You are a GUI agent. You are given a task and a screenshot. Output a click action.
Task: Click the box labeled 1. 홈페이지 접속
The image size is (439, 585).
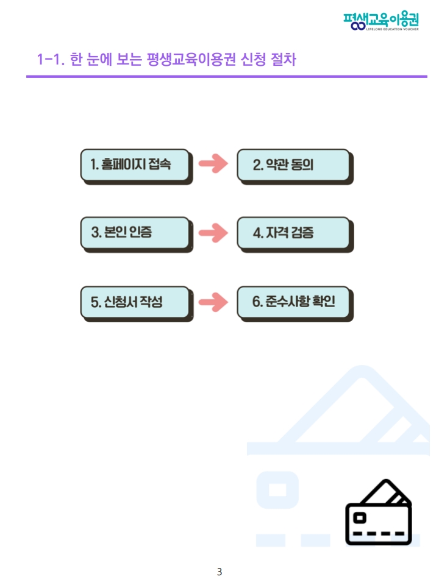click(x=135, y=165)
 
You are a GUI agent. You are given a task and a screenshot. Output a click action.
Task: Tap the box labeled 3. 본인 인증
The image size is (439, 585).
click(x=135, y=233)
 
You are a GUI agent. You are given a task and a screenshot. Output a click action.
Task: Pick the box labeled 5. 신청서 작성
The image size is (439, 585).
click(x=135, y=302)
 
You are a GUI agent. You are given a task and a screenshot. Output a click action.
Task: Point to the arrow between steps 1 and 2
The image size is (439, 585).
click(x=213, y=164)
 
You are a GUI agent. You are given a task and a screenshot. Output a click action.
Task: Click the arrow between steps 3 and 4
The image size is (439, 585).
click(x=213, y=233)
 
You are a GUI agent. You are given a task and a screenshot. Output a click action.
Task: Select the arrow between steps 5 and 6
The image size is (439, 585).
click(x=213, y=302)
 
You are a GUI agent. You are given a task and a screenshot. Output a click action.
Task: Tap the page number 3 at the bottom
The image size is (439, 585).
click(x=220, y=572)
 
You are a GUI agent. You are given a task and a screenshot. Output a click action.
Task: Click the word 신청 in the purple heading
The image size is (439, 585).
click(x=251, y=60)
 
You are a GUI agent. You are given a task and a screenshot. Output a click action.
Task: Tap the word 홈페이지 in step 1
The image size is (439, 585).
click(x=124, y=165)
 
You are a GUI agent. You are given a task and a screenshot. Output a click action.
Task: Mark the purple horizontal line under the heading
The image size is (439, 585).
click(x=226, y=77)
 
